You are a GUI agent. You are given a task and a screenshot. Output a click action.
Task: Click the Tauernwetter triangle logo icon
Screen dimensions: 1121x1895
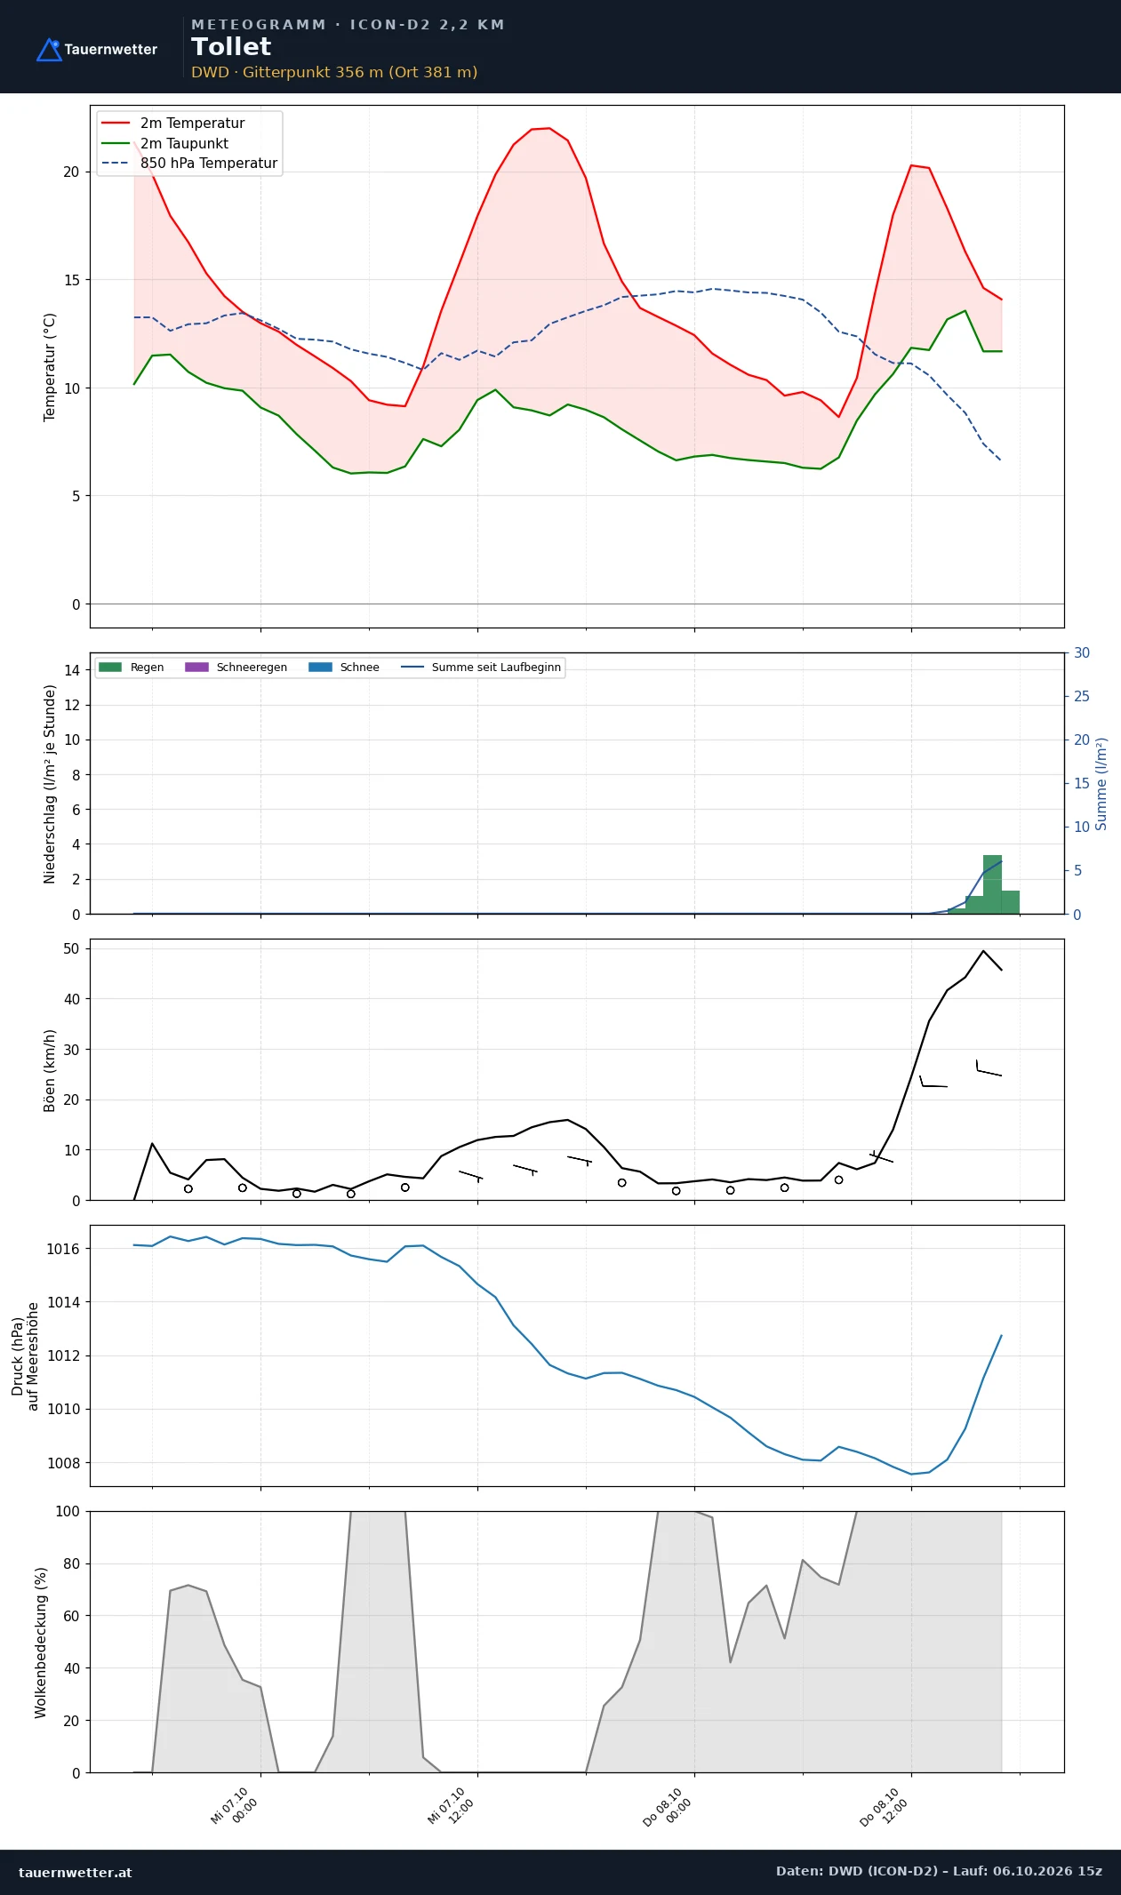[x=49, y=50]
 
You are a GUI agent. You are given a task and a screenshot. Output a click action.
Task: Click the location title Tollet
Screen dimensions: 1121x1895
[x=231, y=47]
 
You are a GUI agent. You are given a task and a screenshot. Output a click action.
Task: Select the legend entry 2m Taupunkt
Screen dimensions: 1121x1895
[x=164, y=143]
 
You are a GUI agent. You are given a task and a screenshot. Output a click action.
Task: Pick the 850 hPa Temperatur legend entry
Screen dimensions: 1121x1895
[x=189, y=164]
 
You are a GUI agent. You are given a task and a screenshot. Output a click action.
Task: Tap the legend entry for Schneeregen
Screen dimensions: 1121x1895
[x=236, y=668]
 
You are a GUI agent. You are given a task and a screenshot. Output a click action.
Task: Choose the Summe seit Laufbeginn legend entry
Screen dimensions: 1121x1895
[x=481, y=668]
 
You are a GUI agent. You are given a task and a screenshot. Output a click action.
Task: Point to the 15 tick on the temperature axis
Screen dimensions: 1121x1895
[x=71, y=280]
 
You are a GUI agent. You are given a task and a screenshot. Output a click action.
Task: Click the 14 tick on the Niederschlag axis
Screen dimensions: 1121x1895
[x=72, y=670]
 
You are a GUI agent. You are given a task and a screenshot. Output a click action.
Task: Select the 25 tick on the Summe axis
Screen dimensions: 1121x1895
[x=1082, y=696]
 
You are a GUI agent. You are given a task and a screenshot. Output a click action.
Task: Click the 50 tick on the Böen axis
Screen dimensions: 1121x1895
[x=71, y=948]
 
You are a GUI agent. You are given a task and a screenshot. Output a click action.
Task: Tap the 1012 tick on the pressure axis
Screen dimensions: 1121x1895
[x=63, y=1355]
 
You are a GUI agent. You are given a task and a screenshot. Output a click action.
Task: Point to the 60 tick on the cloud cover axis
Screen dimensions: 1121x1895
[x=70, y=1616]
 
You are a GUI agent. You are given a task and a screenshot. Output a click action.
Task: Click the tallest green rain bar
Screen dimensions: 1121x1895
[x=992, y=884]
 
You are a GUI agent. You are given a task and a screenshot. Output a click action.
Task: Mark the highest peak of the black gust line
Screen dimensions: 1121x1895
[x=983, y=951]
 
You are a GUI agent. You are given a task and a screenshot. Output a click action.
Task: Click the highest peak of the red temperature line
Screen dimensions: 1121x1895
[x=549, y=128]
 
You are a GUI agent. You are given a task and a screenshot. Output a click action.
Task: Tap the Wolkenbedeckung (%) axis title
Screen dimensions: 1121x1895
[x=41, y=1643]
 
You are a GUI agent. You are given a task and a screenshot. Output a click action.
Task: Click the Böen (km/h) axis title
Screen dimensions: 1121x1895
[x=50, y=1070]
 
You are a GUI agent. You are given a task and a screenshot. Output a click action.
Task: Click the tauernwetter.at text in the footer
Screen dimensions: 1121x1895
[x=75, y=1872]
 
